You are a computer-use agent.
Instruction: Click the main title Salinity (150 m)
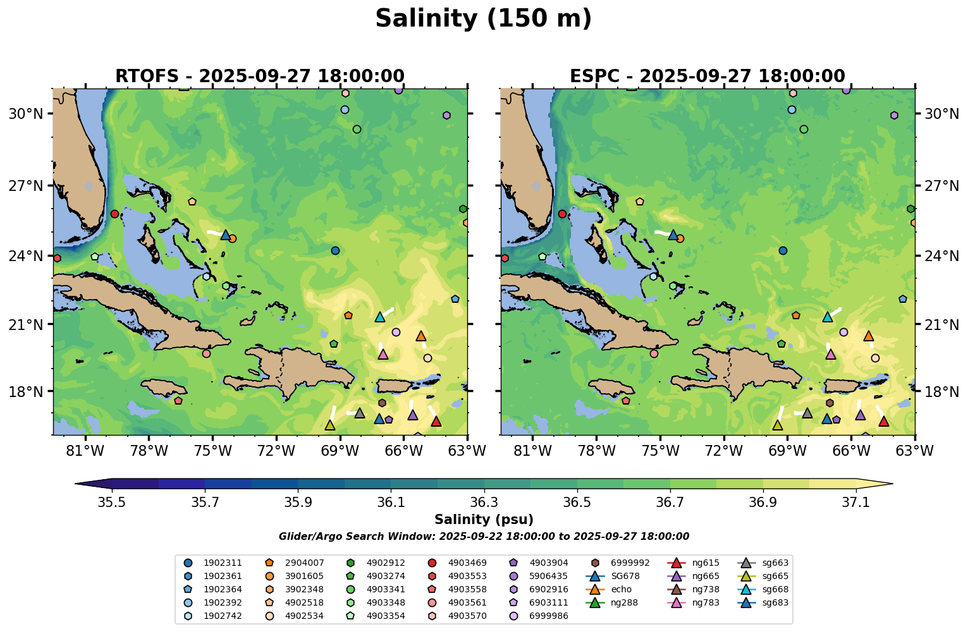point(484,19)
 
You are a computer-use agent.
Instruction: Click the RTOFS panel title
point(260,76)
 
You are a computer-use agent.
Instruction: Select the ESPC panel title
point(708,76)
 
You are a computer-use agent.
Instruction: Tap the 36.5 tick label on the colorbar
point(577,503)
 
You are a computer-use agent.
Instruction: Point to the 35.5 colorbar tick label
point(112,503)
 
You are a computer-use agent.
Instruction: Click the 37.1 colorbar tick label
point(856,503)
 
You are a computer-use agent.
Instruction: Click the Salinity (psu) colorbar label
point(484,520)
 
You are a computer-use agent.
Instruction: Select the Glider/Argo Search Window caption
point(484,537)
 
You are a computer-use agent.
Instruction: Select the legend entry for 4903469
point(467,563)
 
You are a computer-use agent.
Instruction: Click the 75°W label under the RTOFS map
point(212,451)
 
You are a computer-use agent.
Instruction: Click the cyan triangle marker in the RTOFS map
point(380,317)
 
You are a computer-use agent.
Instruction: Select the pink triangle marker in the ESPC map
point(831,354)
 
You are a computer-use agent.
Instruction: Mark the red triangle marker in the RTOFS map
point(436,421)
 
